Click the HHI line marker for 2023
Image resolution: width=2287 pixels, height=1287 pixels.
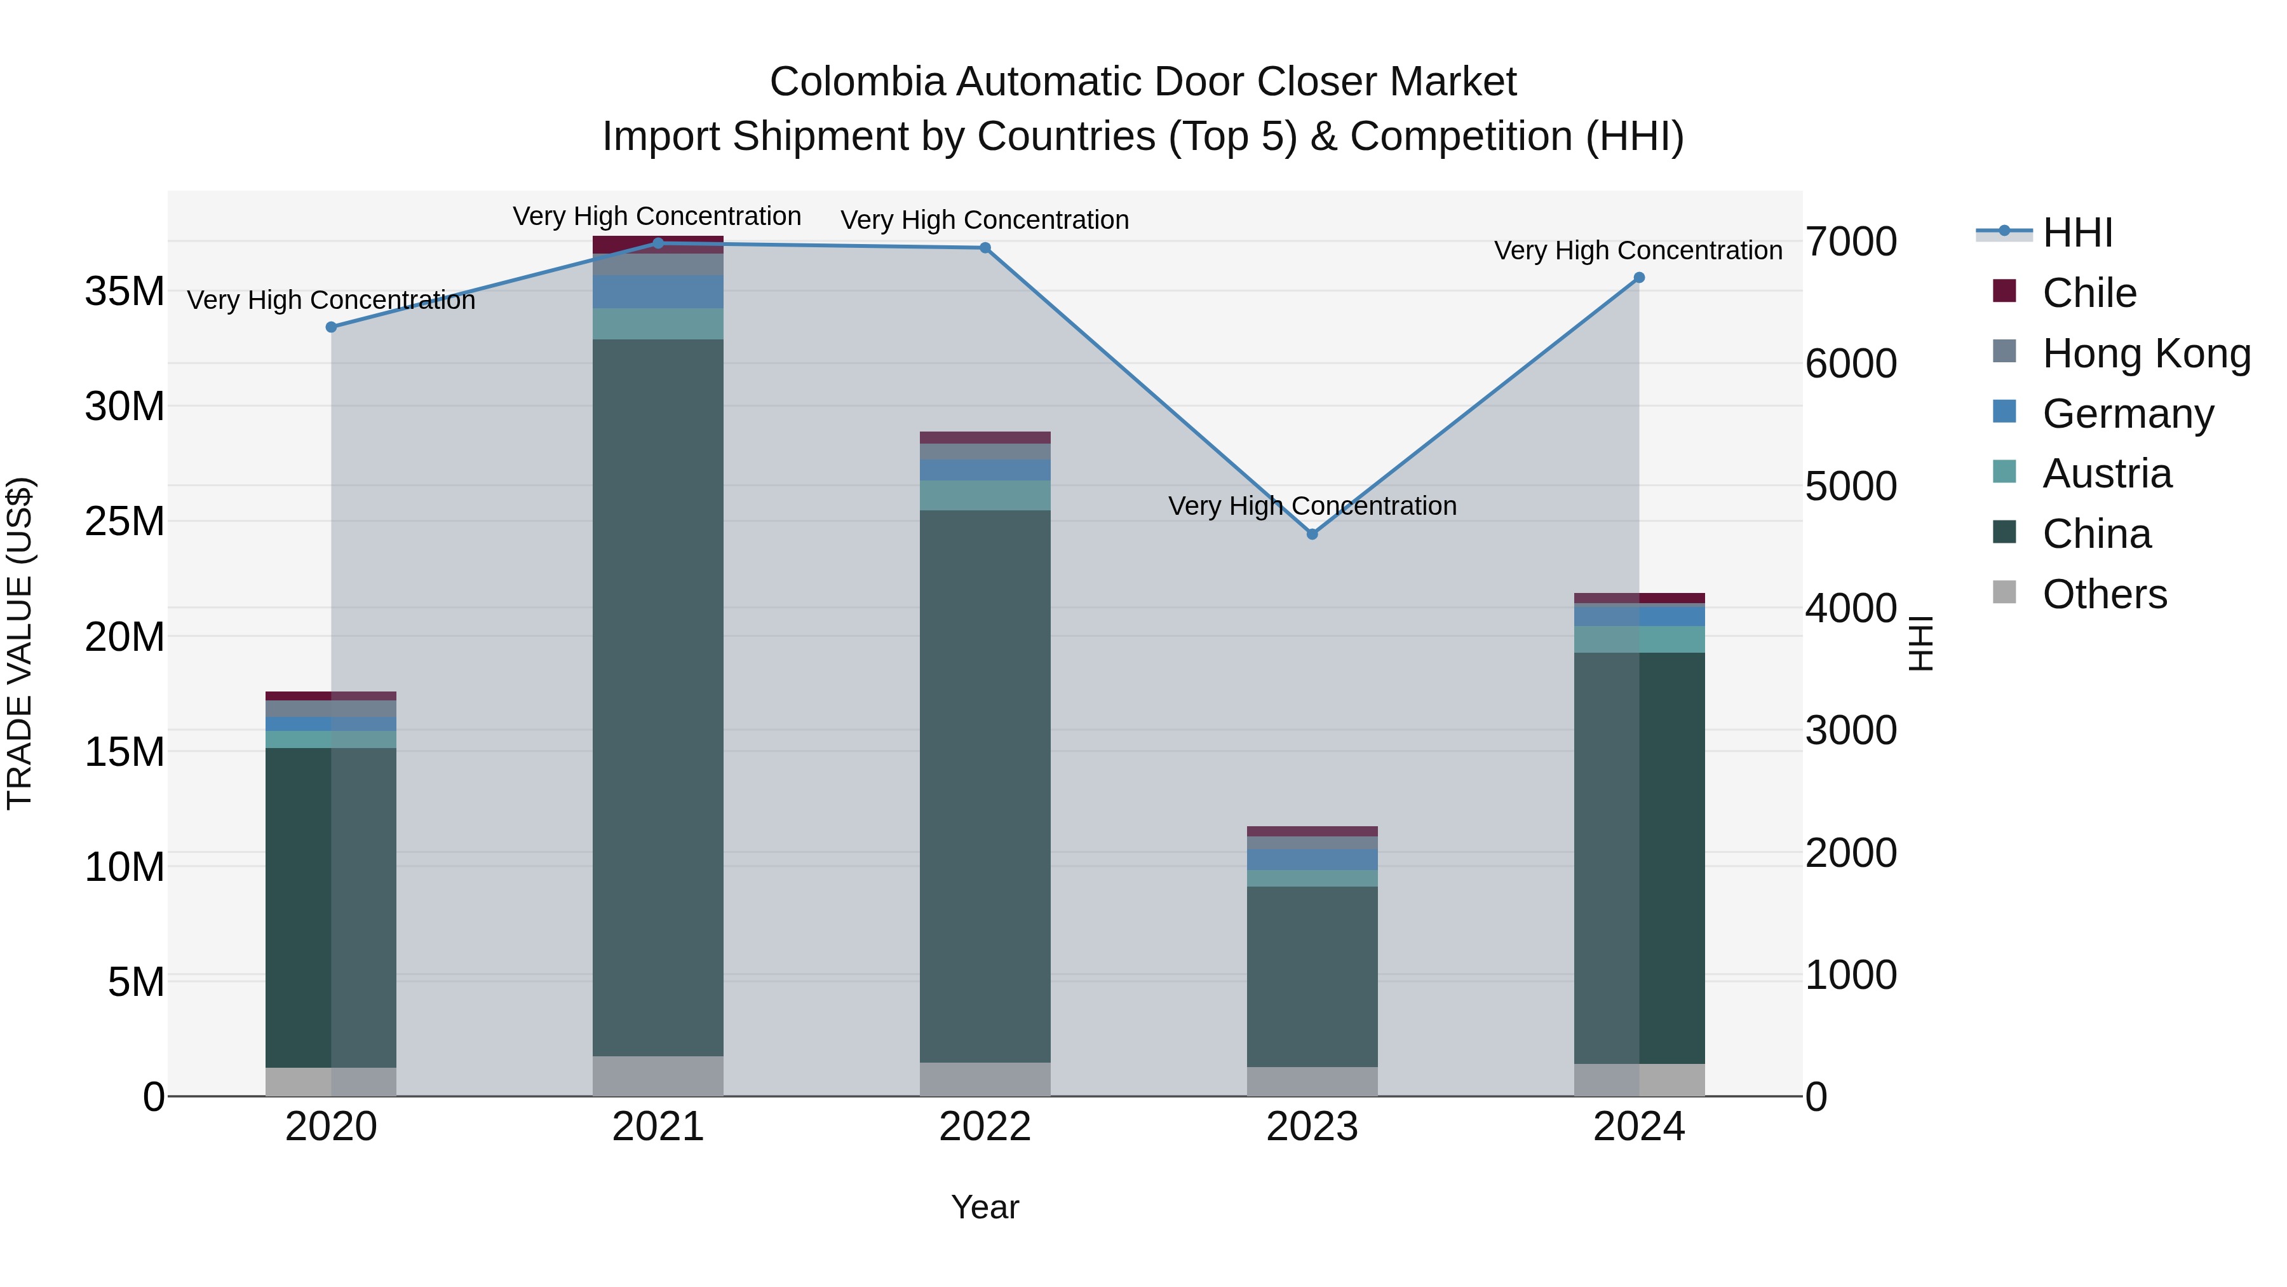(x=1312, y=534)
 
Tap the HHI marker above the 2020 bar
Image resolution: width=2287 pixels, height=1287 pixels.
(x=331, y=327)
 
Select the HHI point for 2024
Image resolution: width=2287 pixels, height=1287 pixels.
(x=1639, y=278)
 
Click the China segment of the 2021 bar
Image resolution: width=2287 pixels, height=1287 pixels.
(x=658, y=697)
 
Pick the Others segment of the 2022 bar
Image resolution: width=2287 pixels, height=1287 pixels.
(x=985, y=1079)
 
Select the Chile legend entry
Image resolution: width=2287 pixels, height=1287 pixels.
(x=2088, y=293)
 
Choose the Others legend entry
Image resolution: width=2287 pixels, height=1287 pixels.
(x=2103, y=594)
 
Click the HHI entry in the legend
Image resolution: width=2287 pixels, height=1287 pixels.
(x=2077, y=233)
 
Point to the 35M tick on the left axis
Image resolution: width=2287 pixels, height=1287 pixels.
(x=125, y=291)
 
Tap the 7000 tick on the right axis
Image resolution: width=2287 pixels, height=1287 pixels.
(x=1851, y=242)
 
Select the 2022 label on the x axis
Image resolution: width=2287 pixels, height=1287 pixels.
(x=985, y=1126)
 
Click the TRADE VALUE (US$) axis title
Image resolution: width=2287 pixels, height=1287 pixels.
(x=20, y=643)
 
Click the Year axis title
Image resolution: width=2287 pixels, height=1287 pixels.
(x=985, y=1207)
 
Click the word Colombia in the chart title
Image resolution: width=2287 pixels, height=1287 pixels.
(x=858, y=82)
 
